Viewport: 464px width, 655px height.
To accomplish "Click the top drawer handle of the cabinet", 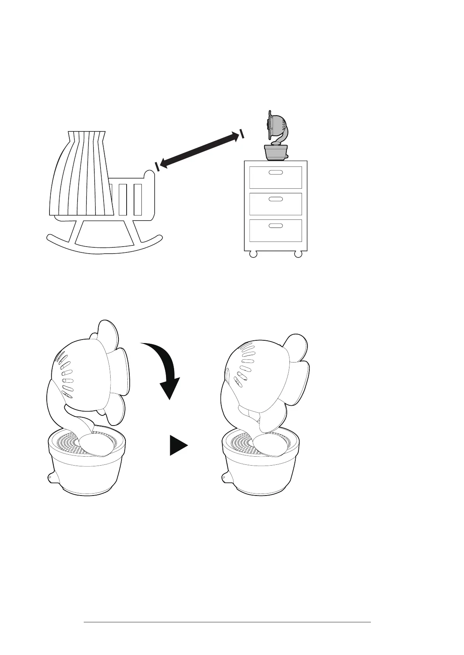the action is (275, 172).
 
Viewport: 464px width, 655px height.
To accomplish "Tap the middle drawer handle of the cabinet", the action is (275, 199).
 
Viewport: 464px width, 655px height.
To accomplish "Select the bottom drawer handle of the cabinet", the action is (275, 226).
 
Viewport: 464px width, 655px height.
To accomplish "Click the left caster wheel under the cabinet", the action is (253, 254).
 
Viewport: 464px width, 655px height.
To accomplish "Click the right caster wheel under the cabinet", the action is (298, 254).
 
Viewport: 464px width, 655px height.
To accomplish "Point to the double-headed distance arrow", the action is (199, 150).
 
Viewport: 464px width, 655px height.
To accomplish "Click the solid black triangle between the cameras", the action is (177, 445).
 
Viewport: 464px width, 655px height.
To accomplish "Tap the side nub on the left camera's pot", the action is (50, 477).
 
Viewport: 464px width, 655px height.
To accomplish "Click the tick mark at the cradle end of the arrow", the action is (157, 166).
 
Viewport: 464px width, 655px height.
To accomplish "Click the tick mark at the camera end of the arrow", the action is (242, 134).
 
